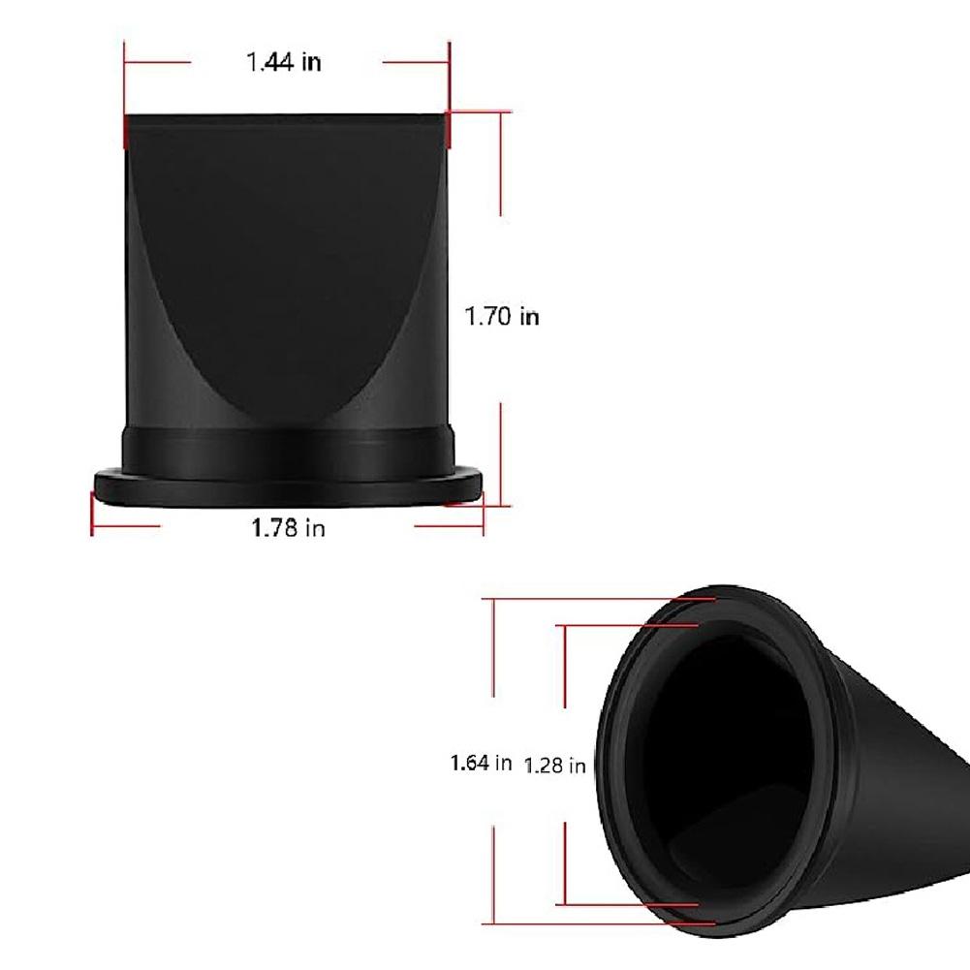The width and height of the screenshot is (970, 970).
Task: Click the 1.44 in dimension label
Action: pyautogui.click(x=283, y=63)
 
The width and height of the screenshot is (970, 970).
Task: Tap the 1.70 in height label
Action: pyautogui.click(x=502, y=316)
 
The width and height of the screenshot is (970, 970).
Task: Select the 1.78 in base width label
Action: pyautogui.click(x=288, y=528)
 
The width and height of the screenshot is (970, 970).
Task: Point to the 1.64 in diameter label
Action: pyautogui.click(x=481, y=763)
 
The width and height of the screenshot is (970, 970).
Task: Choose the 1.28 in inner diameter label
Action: pyautogui.click(x=555, y=766)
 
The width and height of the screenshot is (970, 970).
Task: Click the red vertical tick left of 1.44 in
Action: pyautogui.click(x=125, y=92)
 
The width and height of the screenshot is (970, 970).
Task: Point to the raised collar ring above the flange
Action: pyautogui.click(x=288, y=451)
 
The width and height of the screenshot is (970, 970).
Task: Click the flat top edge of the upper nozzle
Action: pyautogui.click(x=288, y=115)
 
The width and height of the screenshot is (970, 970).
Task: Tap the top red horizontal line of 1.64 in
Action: pyautogui.click(x=601, y=600)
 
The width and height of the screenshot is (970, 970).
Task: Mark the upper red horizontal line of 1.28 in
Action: pyautogui.click(x=630, y=625)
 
